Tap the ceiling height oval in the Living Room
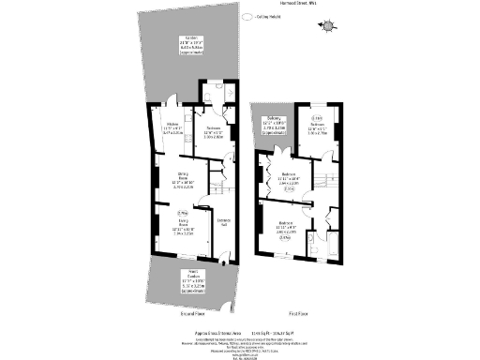(183, 212)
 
